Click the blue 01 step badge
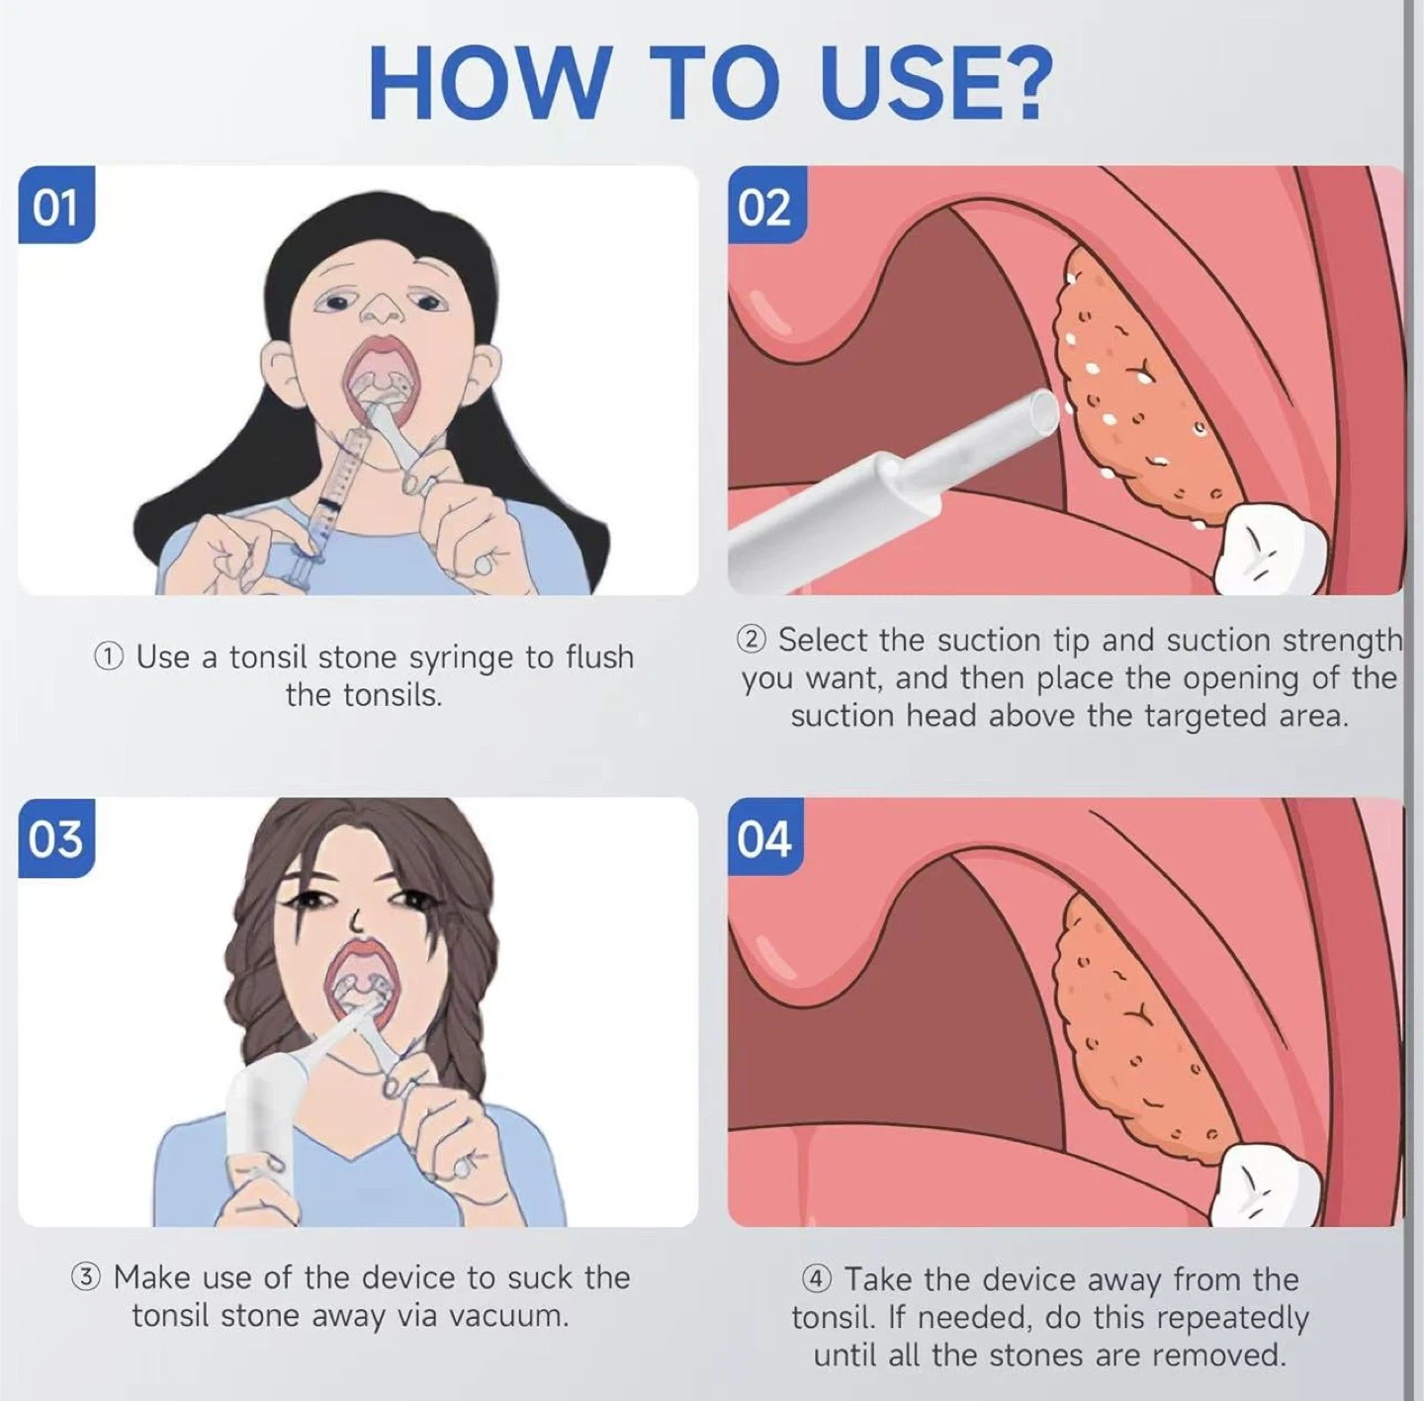coord(56,205)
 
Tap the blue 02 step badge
coord(767,205)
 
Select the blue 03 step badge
coord(56,838)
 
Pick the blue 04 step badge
coord(767,838)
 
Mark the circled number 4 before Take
coord(816,1278)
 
